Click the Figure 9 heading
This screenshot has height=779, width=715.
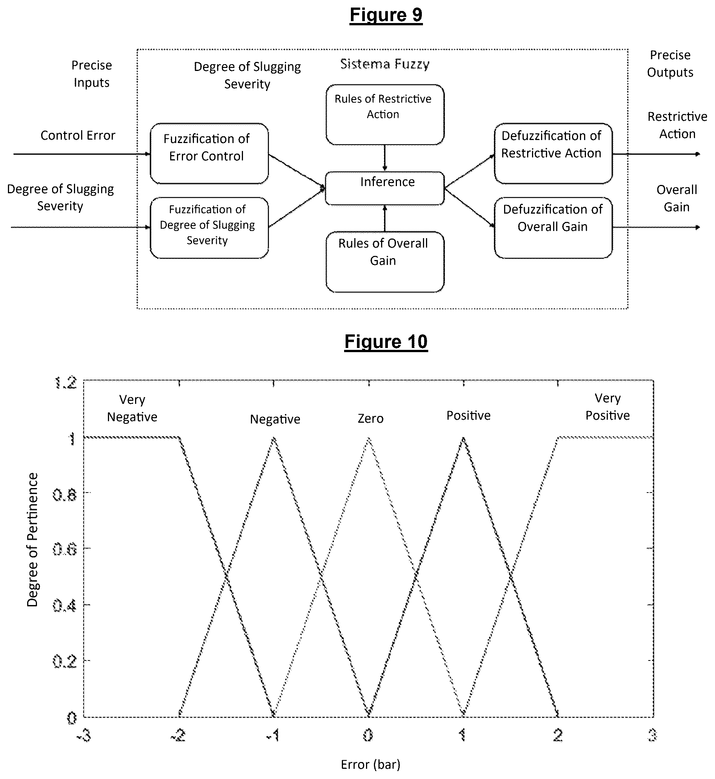tap(386, 15)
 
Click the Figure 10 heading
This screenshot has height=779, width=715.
tap(386, 342)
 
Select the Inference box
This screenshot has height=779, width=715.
tap(384, 188)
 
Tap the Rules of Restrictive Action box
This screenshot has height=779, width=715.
tap(384, 114)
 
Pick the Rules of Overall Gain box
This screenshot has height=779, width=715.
tap(384, 262)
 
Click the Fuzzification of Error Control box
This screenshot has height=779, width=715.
tap(209, 154)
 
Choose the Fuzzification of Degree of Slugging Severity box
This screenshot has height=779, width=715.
tap(209, 228)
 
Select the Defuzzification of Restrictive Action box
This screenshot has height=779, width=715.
tap(553, 154)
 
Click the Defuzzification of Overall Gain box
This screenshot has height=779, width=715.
tap(553, 228)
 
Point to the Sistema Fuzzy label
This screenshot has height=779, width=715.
tap(384, 64)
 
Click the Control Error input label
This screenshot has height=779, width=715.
tap(78, 135)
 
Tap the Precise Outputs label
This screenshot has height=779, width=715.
tap(670, 64)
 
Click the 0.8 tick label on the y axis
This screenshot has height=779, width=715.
tap(65, 495)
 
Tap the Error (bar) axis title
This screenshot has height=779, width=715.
tap(370, 764)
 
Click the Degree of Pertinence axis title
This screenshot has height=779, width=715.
tap(32, 539)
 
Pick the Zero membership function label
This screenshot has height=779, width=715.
tap(370, 418)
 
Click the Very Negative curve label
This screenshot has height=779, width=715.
tap(132, 408)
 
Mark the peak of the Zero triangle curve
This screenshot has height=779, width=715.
tap(369, 438)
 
